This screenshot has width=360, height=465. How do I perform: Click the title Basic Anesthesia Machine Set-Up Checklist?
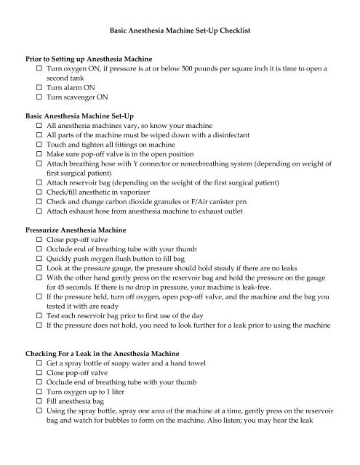(180, 32)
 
